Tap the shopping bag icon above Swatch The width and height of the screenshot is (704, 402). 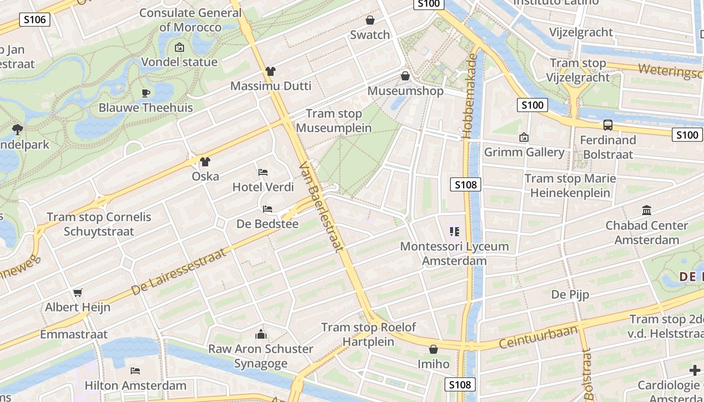(370, 20)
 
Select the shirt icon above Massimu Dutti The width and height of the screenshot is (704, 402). (271, 71)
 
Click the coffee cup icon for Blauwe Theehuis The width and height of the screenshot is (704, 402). (145, 92)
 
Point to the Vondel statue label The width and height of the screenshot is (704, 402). (179, 62)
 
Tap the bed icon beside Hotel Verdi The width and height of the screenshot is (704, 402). (263, 172)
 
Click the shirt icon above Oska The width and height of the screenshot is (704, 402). (205, 162)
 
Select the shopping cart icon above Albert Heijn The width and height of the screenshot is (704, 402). (77, 292)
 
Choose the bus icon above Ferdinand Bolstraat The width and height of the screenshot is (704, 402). (607, 125)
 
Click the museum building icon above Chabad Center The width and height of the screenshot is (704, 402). (647, 210)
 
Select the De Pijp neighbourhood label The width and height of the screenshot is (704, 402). (570, 294)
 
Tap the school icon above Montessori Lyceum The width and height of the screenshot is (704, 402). (454, 232)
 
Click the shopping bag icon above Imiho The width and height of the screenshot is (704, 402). (433, 349)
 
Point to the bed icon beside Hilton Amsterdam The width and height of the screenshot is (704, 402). (135, 371)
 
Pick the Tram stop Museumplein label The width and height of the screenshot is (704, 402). (334, 121)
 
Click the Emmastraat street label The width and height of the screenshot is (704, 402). (74, 334)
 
